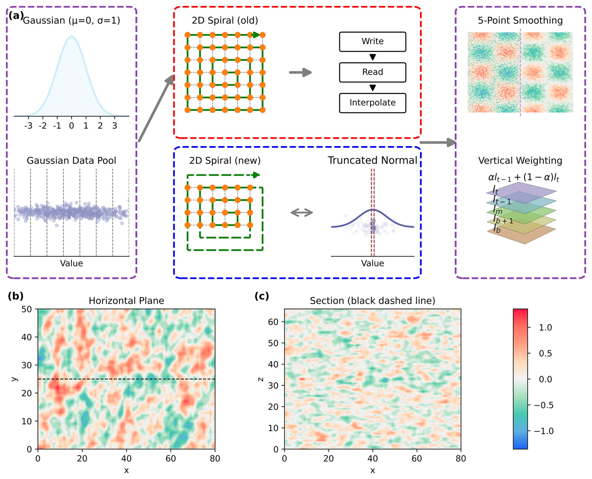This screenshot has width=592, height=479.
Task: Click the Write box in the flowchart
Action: point(372,42)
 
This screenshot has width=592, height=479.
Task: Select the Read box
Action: point(372,72)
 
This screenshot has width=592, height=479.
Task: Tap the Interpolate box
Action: point(372,103)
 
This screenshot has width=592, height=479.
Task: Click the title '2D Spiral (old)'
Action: point(225,21)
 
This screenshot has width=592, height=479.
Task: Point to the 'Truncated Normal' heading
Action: point(372,160)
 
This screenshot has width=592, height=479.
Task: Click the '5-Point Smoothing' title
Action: point(520,21)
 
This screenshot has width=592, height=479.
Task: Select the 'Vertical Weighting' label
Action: point(520,161)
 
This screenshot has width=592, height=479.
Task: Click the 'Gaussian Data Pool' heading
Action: point(71,161)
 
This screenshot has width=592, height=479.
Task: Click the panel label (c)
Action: point(262,296)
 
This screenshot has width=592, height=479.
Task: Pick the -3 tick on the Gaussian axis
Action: point(28,126)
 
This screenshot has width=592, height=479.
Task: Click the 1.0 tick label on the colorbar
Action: point(545,327)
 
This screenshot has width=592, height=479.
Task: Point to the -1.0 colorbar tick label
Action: point(543,431)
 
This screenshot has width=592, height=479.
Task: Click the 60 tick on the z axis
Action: point(273,322)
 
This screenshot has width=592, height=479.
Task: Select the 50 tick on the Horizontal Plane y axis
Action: point(27,309)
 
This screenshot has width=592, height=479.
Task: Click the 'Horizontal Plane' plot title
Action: point(126,301)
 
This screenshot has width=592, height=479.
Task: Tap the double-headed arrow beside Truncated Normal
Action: point(302,213)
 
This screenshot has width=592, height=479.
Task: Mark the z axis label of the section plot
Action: point(260,379)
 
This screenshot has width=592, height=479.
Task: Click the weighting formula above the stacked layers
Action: point(523,178)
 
